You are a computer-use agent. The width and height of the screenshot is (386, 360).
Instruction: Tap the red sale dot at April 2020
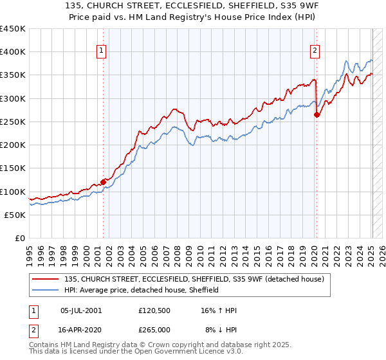317,115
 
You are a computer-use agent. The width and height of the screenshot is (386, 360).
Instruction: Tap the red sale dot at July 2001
103,182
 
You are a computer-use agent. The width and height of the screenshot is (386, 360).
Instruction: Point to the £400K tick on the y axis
13,52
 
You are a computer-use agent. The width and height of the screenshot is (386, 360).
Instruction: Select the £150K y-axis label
13,168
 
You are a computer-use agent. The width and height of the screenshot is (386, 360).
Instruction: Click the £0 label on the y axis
19,239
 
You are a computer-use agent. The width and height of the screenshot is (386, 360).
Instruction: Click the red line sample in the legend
47,279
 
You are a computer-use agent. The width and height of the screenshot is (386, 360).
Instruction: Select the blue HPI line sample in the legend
47,290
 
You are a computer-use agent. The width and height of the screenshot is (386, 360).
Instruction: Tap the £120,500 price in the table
154,310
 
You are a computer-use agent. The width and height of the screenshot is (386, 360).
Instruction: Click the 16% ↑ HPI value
219,310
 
